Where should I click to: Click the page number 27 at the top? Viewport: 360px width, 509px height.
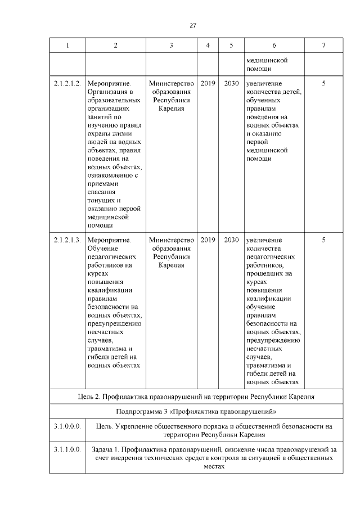[x=192, y=25]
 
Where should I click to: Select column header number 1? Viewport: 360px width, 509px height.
[x=67, y=46]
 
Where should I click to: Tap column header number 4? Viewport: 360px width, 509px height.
[x=208, y=46]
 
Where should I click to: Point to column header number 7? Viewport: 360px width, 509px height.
[x=323, y=46]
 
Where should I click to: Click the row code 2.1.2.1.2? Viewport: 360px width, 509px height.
[x=67, y=83]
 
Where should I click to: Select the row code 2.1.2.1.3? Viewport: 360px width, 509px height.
[x=67, y=240]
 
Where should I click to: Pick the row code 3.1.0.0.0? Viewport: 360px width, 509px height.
[x=67, y=426]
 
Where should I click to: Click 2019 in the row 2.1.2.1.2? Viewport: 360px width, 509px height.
[x=208, y=83]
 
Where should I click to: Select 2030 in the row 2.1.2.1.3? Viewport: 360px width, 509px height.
[x=231, y=240]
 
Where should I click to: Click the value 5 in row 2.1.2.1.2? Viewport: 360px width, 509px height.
[x=323, y=83]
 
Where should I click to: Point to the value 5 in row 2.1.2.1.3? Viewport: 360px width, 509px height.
[x=323, y=240]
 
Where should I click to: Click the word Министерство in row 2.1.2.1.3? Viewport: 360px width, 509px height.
[x=172, y=240]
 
